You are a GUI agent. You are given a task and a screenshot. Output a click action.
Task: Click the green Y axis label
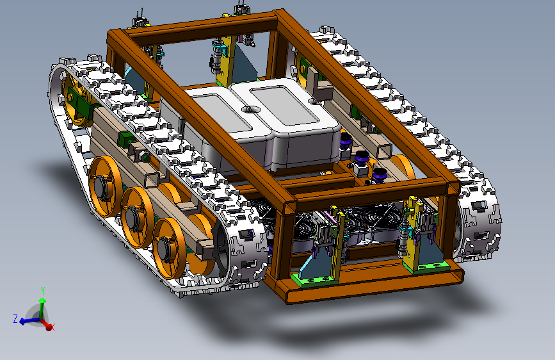[43, 291]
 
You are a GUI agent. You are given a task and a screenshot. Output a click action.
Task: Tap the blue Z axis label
[15, 318]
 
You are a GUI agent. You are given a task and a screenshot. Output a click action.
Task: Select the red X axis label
[52, 328]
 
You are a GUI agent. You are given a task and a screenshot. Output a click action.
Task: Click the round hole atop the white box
[250, 109]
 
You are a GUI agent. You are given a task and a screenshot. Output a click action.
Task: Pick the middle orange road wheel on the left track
[137, 218]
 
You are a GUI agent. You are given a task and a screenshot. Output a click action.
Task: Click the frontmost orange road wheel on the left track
[169, 248]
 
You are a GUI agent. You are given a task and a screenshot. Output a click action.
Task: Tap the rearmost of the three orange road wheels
[105, 186]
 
